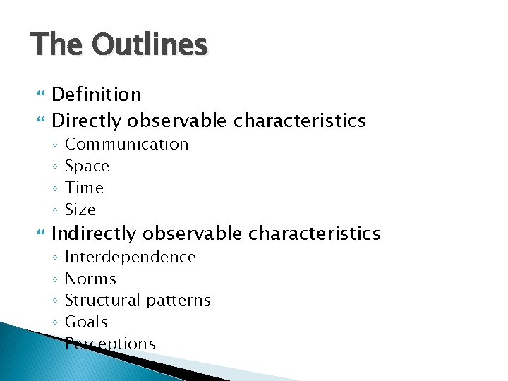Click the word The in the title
[56, 45]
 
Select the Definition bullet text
[97, 95]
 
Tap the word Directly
[87, 121]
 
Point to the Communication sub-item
[126, 145]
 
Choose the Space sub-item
[87, 167]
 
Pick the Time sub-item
[84, 188]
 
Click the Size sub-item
[80, 210]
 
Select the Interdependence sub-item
[130, 258]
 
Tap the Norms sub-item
[90, 279]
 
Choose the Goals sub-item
[86, 322]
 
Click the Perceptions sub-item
[110, 344]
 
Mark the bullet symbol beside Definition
[37, 95]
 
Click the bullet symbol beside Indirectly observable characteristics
[37, 234]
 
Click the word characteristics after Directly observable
[299, 121]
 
